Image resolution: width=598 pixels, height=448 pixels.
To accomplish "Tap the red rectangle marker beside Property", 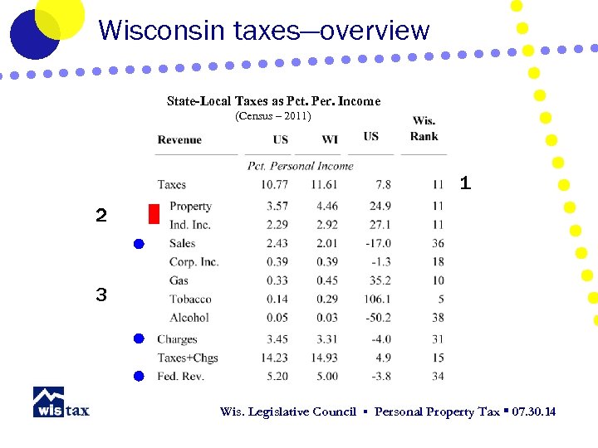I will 153,215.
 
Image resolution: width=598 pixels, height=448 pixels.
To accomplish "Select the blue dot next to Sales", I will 140,244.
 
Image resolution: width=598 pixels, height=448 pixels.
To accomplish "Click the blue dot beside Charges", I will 140,338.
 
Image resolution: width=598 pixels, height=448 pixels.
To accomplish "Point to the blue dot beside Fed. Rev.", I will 140,376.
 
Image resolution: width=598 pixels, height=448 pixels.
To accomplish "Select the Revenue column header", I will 179,139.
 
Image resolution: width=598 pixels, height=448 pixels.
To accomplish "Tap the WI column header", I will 330,139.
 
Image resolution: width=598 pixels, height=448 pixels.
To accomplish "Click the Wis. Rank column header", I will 424,129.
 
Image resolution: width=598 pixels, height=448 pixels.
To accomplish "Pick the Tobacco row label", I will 190,299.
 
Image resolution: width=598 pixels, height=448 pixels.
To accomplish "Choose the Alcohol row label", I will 189,318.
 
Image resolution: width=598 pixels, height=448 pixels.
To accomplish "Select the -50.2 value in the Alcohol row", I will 377,318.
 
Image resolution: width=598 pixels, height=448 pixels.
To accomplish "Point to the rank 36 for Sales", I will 438,243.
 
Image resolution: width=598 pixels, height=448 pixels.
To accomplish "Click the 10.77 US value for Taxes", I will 274,184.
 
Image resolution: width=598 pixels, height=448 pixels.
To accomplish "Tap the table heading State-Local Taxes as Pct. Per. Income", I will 273,101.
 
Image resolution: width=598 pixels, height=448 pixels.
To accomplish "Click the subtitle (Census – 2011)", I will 273,116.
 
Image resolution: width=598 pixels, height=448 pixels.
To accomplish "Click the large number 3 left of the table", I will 100,295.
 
